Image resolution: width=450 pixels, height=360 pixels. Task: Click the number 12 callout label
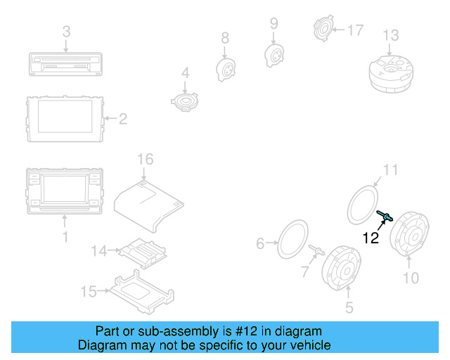pos(371,238)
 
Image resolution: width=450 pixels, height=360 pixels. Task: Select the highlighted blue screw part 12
pos(384,217)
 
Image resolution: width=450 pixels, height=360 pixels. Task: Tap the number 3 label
pos(66,31)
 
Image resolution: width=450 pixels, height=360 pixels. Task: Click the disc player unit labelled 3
pos(65,65)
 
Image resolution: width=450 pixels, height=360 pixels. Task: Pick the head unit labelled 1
pos(65,191)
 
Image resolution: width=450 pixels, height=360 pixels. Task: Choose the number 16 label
pos(144,160)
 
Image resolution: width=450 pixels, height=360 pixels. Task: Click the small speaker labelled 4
pos(186,101)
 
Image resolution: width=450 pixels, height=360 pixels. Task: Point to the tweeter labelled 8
pos(224,69)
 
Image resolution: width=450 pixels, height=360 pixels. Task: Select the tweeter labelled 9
pos(274,53)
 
